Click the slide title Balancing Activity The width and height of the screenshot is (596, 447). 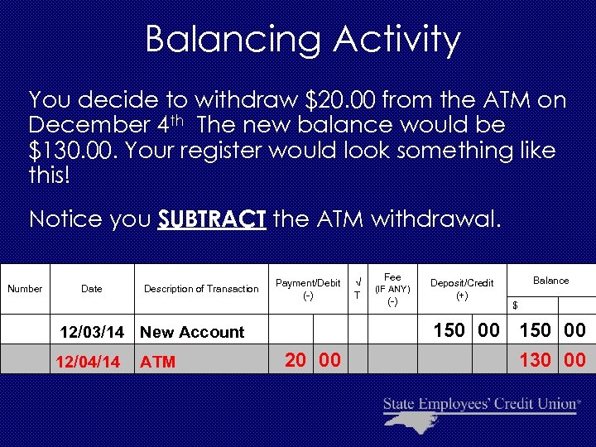coord(302,39)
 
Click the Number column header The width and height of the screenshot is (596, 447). coord(25,289)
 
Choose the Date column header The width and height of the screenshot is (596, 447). coord(92,289)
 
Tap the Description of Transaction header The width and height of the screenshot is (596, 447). coord(201,289)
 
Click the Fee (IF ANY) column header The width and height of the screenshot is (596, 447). coord(392,289)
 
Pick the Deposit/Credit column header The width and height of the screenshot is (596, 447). coord(462,289)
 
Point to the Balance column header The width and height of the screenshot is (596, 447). coord(550,281)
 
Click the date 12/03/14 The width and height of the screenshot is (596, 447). coord(92,332)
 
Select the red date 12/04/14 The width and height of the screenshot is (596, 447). coord(88,362)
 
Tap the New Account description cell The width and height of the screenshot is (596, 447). coord(192,332)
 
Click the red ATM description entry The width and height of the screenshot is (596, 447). coord(157,362)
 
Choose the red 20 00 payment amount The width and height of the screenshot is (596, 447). coord(311,360)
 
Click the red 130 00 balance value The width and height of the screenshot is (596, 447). coord(551,360)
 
